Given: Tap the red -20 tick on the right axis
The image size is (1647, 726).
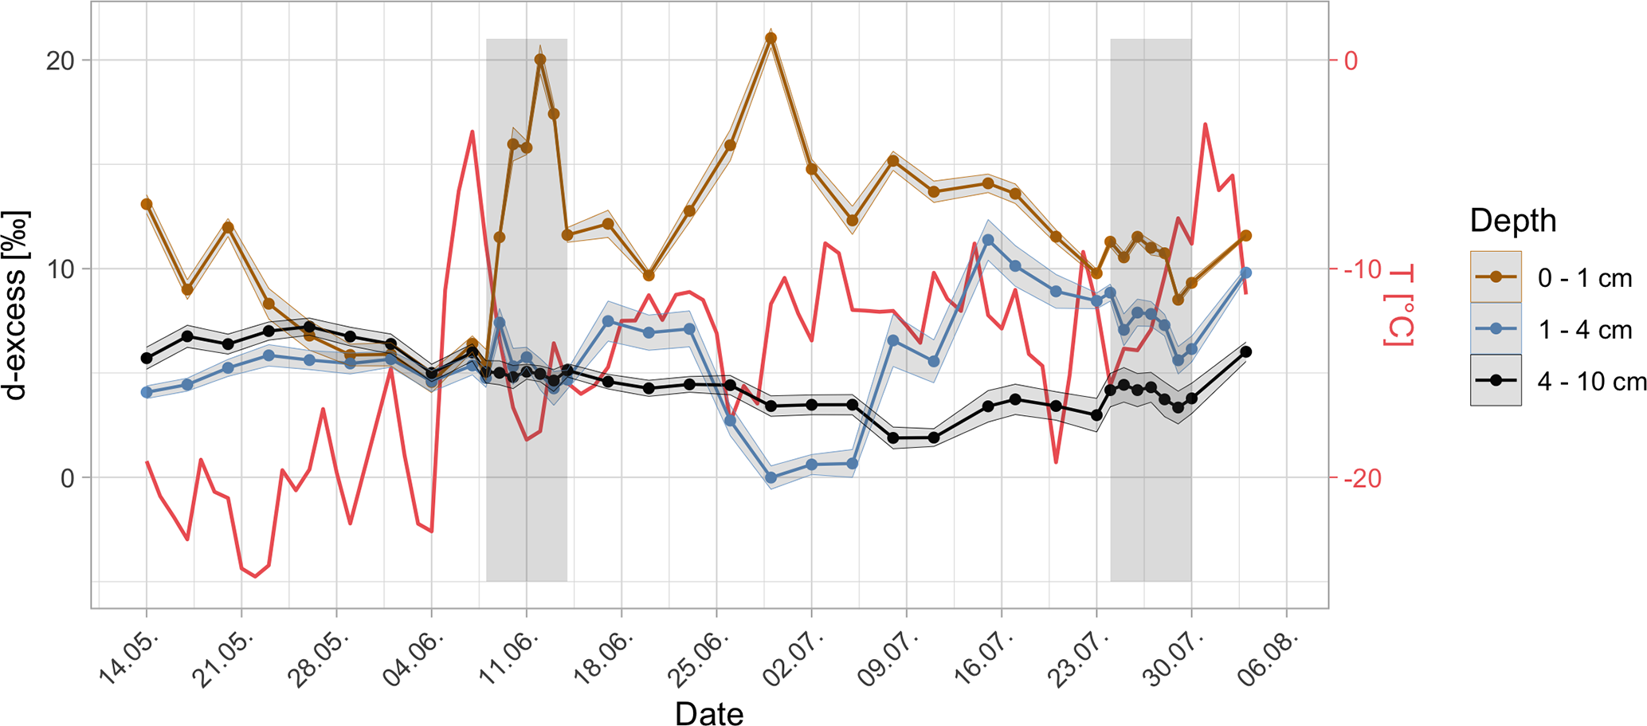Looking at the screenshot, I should click(1363, 478).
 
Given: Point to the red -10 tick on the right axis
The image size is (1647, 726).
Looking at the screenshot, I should click(1363, 269).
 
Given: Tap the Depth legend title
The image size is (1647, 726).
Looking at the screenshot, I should click(1512, 221).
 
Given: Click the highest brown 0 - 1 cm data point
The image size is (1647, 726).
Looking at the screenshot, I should click(771, 38).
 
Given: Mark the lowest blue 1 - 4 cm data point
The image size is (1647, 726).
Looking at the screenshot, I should click(771, 478).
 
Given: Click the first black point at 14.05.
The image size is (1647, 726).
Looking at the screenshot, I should click(147, 359).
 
